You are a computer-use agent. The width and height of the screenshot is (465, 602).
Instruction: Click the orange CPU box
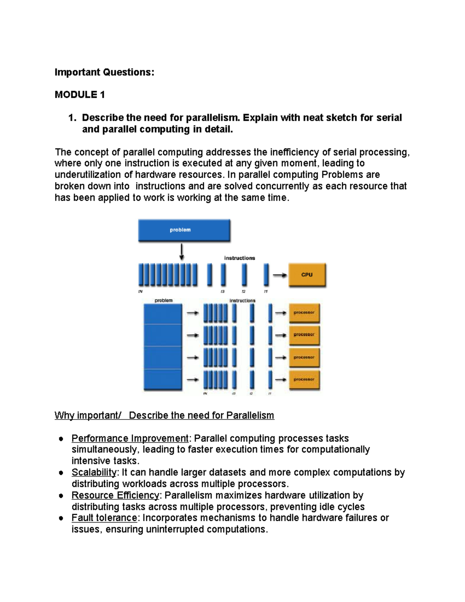[307, 275]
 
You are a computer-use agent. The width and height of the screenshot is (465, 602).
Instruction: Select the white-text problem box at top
[184, 230]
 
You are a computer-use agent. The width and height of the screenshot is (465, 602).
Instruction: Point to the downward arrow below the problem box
[181, 252]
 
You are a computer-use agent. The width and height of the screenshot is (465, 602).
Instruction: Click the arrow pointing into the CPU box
[280, 275]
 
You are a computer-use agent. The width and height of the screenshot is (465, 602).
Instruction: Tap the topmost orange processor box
[304, 313]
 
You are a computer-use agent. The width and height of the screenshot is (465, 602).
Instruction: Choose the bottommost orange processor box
[304, 379]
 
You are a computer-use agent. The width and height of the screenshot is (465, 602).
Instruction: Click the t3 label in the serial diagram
[222, 292]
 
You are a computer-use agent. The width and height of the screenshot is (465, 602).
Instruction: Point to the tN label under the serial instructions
[140, 292]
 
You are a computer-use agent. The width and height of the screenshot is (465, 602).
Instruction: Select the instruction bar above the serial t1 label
[266, 274]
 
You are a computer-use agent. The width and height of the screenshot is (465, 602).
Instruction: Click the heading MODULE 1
[80, 95]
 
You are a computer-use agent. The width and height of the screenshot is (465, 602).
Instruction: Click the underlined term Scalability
[94, 472]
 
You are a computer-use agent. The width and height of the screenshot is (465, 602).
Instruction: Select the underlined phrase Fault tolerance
[104, 518]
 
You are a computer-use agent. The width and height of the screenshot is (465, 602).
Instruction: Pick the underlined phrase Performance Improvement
[130, 438]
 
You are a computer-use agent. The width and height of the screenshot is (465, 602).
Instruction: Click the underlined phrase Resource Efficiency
[115, 495]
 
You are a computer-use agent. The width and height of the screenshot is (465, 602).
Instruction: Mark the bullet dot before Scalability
[61, 473]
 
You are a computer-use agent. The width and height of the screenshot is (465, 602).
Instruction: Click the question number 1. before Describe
[72, 117]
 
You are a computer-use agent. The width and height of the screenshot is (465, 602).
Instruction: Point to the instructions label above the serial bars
[239, 258]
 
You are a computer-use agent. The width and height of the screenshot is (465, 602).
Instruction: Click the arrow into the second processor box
[281, 335]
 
